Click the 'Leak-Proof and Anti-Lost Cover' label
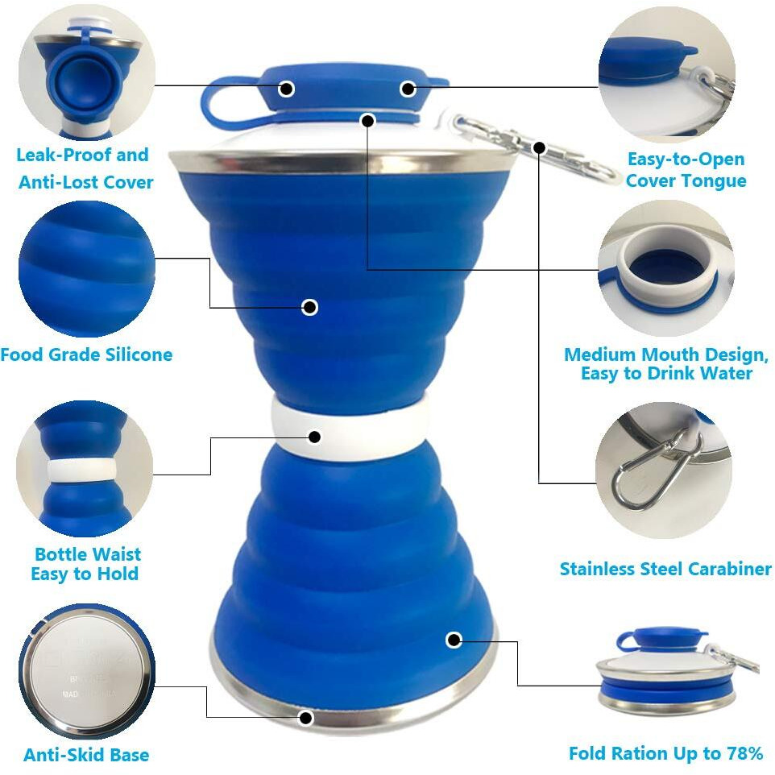(85, 168)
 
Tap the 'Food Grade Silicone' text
(86, 354)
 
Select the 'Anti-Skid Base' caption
(86, 755)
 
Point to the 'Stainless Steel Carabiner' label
(665, 569)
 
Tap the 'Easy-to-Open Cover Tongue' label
(686, 170)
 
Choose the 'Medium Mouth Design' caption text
(666, 355)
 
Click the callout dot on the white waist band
(313, 437)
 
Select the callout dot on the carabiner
(539, 147)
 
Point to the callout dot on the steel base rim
(305, 716)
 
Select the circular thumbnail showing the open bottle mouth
(667, 268)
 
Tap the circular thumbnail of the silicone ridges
(85, 268)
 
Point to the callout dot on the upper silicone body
(310, 307)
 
